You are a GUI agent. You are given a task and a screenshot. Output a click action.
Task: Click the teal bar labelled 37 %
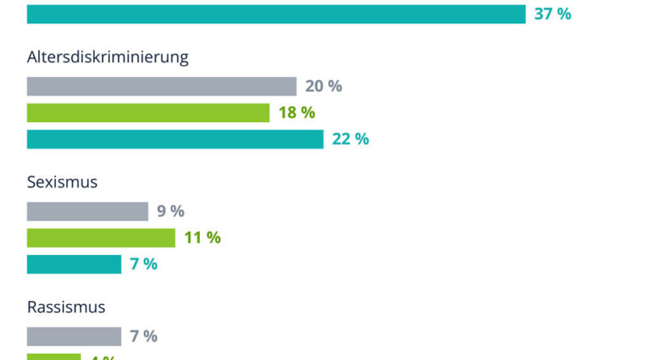[x=275, y=14]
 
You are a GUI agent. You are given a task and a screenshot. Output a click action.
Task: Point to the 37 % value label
[x=552, y=14]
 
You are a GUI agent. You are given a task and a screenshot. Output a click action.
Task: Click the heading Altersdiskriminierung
[x=108, y=57]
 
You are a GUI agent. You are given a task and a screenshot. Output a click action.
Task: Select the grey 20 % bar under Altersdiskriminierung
[x=162, y=87]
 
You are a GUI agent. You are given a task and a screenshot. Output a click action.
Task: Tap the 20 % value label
[x=323, y=87]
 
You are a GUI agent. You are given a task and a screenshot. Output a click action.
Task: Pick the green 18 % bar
[x=148, y=112]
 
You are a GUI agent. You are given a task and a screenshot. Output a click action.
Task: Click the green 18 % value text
[x=297, y=112]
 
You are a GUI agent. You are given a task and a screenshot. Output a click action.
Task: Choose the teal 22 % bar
[x=175, y=139]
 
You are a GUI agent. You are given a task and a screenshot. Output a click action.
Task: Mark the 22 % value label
[x=350, y=139]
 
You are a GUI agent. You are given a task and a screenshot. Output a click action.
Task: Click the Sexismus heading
[x=62, y=182]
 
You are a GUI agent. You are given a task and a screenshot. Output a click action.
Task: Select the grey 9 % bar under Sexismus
[x=87, y=211]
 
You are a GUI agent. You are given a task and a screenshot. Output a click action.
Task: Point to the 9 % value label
[x=171, y=211]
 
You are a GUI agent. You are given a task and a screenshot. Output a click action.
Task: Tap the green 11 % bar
[x=101, y=238]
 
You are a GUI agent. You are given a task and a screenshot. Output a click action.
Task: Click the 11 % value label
[x=202, y=238]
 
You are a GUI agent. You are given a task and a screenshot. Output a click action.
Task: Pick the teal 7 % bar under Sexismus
[x=74, y=264]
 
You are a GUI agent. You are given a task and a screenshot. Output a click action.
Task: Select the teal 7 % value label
[x=144, y=264]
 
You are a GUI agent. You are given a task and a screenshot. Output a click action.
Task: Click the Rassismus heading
[x=66, y=307]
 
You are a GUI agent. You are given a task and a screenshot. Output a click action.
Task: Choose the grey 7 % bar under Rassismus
[x=74, y=337]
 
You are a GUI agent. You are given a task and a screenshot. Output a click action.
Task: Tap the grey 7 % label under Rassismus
[x=144, y=337]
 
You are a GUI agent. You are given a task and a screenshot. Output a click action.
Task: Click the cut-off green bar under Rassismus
[x=53, y=357]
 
